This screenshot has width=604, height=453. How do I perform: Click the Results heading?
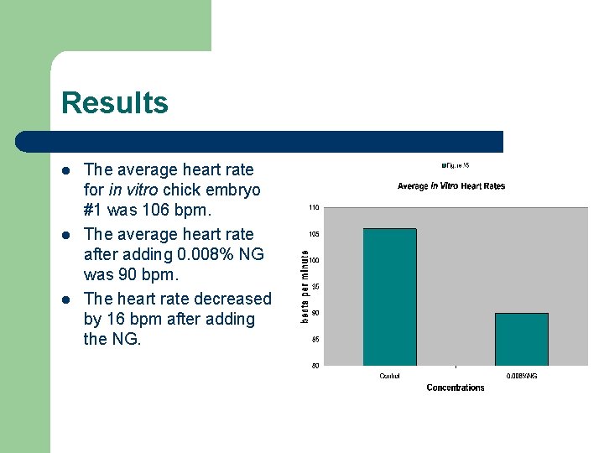pos(115,103)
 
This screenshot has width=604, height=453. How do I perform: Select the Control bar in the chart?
pos(388,297)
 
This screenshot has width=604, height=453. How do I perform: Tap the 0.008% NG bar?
pos(521,339)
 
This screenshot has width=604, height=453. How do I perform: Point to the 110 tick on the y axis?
pos(313,207)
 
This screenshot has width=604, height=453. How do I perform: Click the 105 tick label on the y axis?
pos(313,234)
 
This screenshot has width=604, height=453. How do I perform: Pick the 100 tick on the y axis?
pos(313,260)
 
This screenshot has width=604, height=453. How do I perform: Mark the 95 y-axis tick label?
pos(315,287)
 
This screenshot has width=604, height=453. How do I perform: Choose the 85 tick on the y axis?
pos(315,340)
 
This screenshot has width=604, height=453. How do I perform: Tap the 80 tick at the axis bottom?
pos(315,366)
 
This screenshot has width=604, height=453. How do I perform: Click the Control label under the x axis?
pos(389,377)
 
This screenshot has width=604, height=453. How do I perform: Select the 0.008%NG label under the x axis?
pos(521,377)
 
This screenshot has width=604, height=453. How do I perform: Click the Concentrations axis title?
pos(456,388)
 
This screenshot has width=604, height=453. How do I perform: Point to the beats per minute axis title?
pos(305,283)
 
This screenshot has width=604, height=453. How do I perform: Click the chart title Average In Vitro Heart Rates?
pos(451,186)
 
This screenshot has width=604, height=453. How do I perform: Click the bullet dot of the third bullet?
pos(66,299)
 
